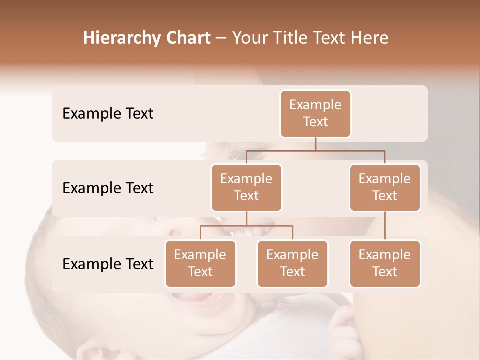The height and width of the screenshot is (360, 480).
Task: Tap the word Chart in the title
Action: [186, 38]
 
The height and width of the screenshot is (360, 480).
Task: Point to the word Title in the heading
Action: [293, 38]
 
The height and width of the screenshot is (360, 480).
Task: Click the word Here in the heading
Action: [369, 38]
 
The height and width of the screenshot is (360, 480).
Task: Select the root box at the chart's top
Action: [315, 113]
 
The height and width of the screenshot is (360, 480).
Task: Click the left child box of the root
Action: [246, 187]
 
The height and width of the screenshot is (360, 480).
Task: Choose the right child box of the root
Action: [385, 187]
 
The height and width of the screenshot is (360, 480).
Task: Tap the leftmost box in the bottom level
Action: [200, 263]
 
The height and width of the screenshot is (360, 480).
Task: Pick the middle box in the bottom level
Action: [292, 263]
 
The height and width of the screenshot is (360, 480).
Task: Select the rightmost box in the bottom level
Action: [385, 263]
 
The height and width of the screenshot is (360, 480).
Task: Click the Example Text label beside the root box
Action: [108, 113]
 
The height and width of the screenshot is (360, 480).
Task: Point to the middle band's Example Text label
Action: [108, 188]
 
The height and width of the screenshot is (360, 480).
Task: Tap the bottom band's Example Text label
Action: [108, 264]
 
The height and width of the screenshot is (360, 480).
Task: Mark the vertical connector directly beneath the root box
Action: [315, 144]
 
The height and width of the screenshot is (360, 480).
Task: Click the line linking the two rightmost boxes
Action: [385, 226]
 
